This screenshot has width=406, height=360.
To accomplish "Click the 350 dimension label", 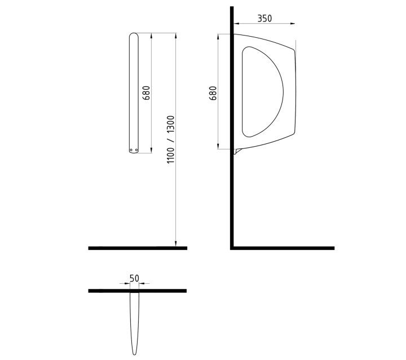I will point(264,18).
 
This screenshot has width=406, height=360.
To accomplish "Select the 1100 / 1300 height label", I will point(171,139).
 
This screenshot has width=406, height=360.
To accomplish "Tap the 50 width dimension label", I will point(134,278).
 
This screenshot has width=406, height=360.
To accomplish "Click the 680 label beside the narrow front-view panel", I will point(146,93).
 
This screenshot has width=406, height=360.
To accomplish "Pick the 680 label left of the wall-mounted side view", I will point(213,93).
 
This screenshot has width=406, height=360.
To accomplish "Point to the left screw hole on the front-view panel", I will point(131,150).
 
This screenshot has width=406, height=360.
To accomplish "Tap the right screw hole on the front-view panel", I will point(136,150).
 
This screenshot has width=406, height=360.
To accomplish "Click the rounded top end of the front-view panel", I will point(134,36).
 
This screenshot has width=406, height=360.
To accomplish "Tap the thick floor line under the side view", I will point(282,248).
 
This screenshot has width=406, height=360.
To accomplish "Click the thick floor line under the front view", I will point(138,248).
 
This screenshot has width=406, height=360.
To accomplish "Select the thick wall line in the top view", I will point(138,291).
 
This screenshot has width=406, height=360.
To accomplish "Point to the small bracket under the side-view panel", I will point(239,151).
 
